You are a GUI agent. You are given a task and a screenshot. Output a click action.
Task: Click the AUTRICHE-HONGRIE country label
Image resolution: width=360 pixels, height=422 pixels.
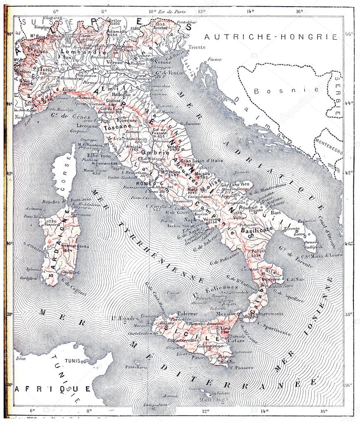271,37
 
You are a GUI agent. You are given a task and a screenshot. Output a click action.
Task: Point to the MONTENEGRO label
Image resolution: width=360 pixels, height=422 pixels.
329,151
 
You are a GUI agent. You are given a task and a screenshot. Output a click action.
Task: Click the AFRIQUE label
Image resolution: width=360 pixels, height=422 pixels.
53,389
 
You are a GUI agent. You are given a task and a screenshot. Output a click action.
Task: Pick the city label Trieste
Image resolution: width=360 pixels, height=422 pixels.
198,47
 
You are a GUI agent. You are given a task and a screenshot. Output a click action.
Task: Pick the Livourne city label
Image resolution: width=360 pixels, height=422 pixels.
90,125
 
